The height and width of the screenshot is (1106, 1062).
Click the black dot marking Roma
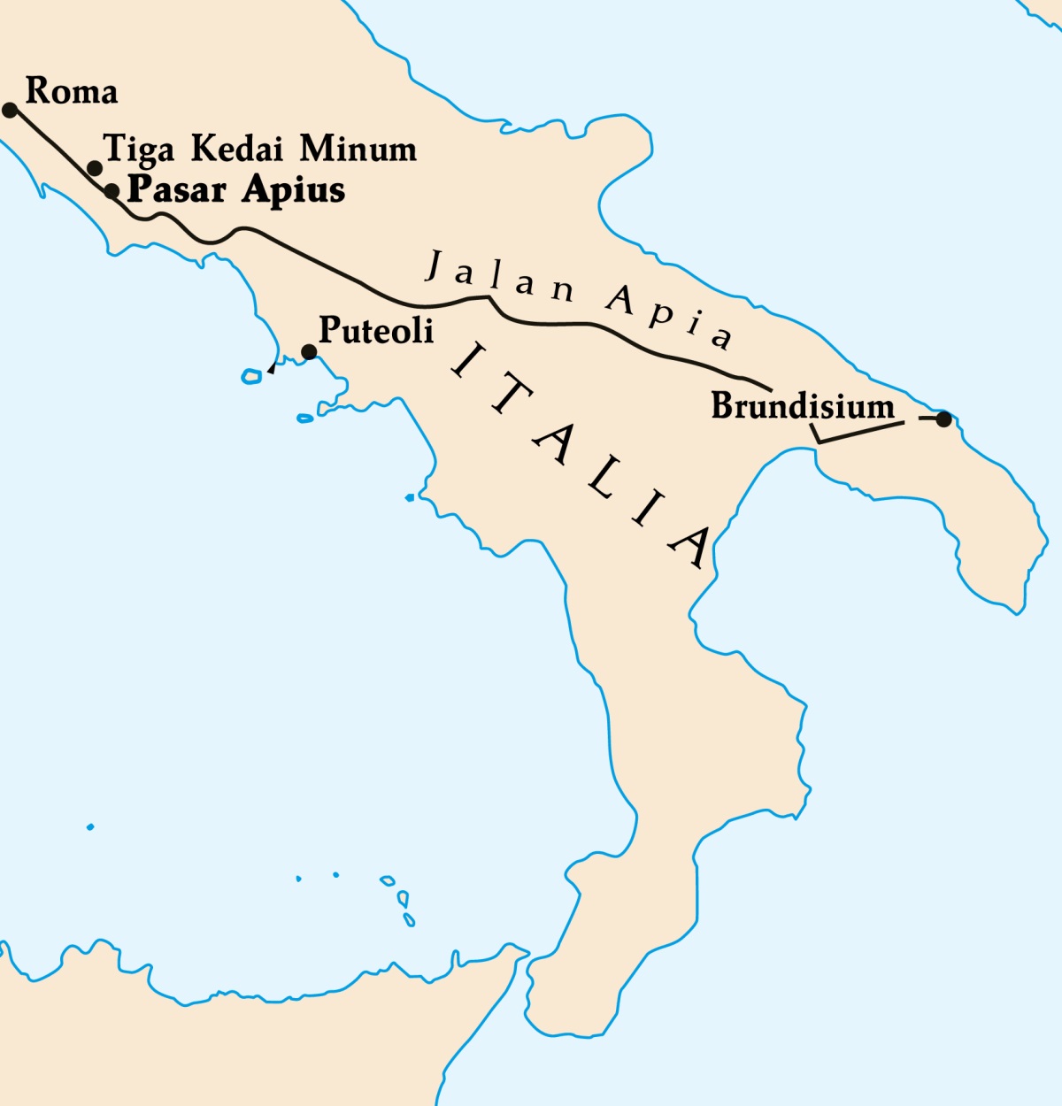10,110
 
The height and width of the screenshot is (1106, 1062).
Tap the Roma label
72,91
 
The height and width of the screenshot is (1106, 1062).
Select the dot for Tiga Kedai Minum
95,168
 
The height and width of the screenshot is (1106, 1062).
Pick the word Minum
358,149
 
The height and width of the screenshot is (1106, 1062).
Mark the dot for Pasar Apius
112,191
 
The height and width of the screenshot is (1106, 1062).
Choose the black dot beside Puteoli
309,352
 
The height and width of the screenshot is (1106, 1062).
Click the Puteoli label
376,330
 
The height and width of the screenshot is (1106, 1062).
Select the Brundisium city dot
943,419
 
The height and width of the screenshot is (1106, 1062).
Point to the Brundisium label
803,406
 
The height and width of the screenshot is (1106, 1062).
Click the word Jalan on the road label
500,278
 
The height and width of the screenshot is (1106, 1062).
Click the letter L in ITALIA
599,479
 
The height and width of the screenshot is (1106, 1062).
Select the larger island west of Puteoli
252,377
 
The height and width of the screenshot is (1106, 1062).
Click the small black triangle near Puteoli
272,368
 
